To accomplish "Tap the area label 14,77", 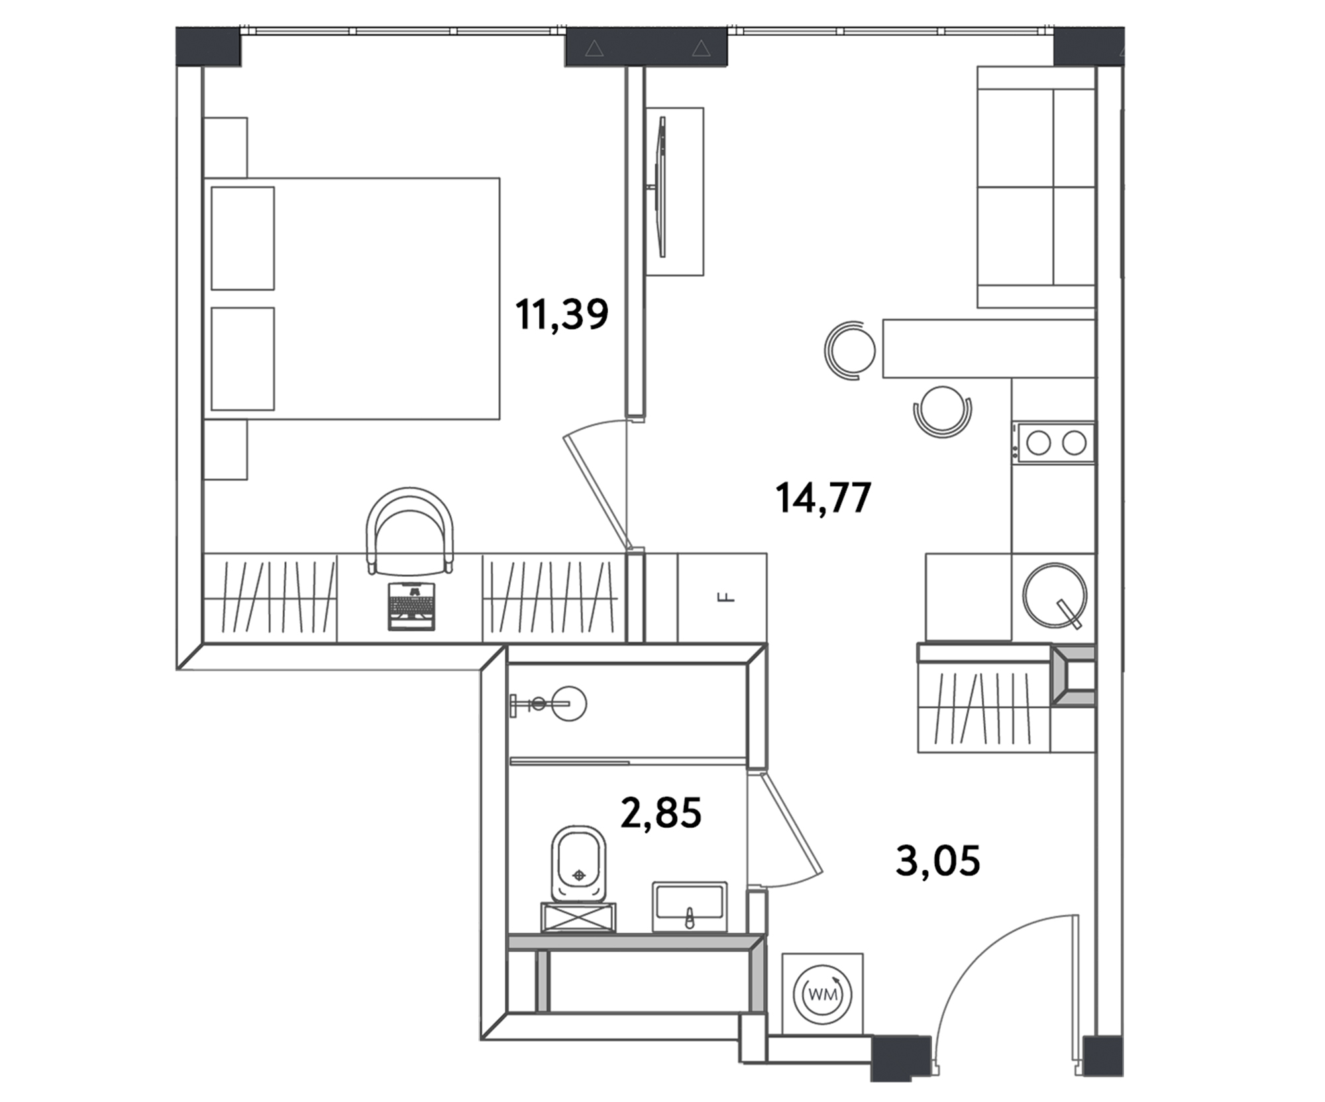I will (x=823, y=498).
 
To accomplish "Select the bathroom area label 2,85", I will (x=661, y=813).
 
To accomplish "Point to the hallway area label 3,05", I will (x=937, y=861).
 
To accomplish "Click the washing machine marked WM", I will (x=823, y=993).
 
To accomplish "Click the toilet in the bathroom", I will (x=578, y=865).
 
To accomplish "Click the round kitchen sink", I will (x=1054, y=595).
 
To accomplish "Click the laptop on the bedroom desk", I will (x=411, y=606).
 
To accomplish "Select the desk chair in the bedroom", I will (x=410, y=530).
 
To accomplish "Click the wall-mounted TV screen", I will (x=661, y=187).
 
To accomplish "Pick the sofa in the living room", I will (x=1035, y=187).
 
